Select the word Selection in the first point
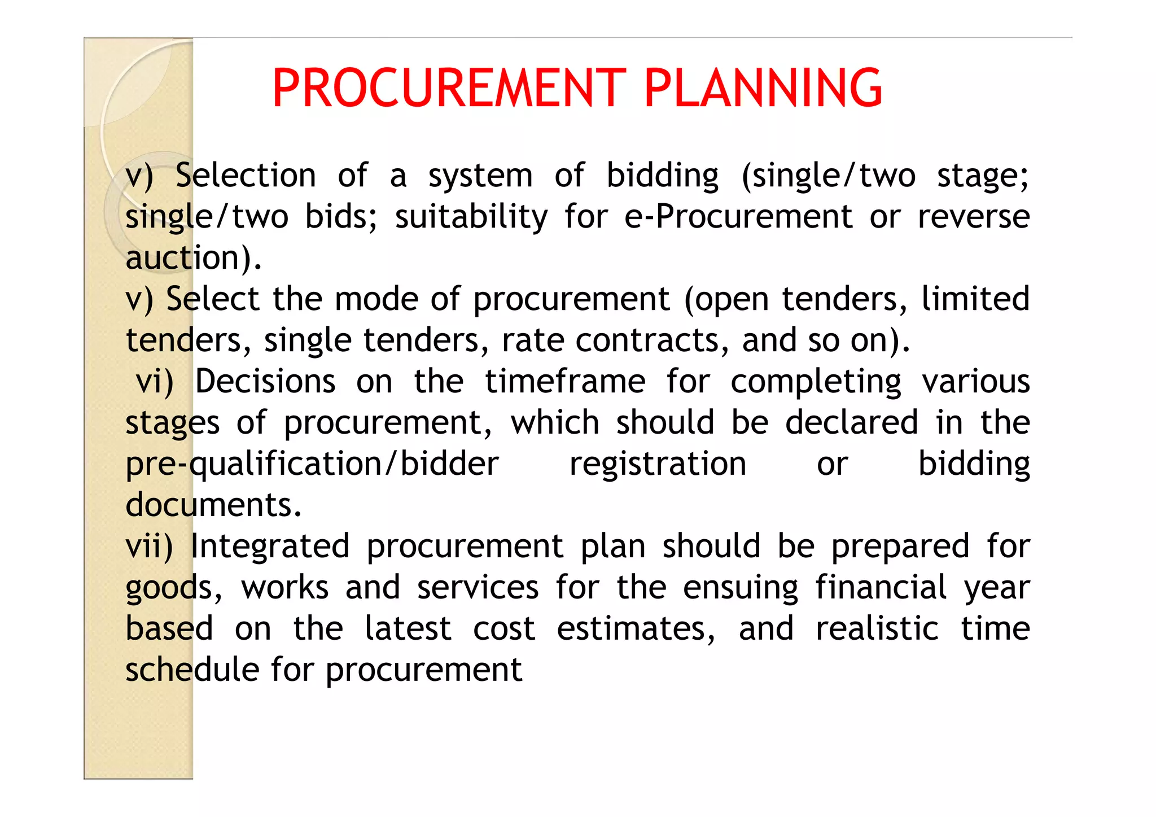(x=246, y=175)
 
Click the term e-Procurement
(x=738, y=217)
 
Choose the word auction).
(x=194, y=258)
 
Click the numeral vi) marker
(x=155, y=382)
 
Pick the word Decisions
(x=265, y=382)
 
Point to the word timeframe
(x=565, y=382)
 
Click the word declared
(x=852, y=423)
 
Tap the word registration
(x=658, y=464)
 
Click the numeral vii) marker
(x=149, y=547)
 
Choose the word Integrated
(x=270, y=547)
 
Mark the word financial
(x=881, y=587)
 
